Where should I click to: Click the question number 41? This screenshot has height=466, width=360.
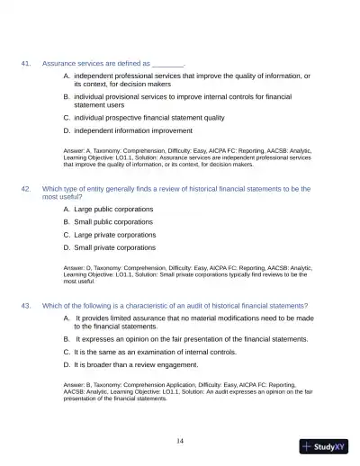coord(26,64)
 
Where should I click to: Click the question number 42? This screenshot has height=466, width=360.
coord(26,189)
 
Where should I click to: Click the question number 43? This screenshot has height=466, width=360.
coord(26,305)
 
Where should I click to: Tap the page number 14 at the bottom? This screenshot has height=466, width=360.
coord(180,440)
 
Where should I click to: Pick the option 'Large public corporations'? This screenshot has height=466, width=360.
coord(113,209)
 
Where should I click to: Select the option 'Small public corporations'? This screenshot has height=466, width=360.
coord(113,221)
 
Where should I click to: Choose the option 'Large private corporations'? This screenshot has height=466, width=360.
coord(114,234)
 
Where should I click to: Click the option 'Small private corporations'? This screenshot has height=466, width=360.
coord(114,246)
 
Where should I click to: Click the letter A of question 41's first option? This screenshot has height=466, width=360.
coord(67,76)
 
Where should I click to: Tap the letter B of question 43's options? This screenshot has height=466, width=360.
coord(67,339)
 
